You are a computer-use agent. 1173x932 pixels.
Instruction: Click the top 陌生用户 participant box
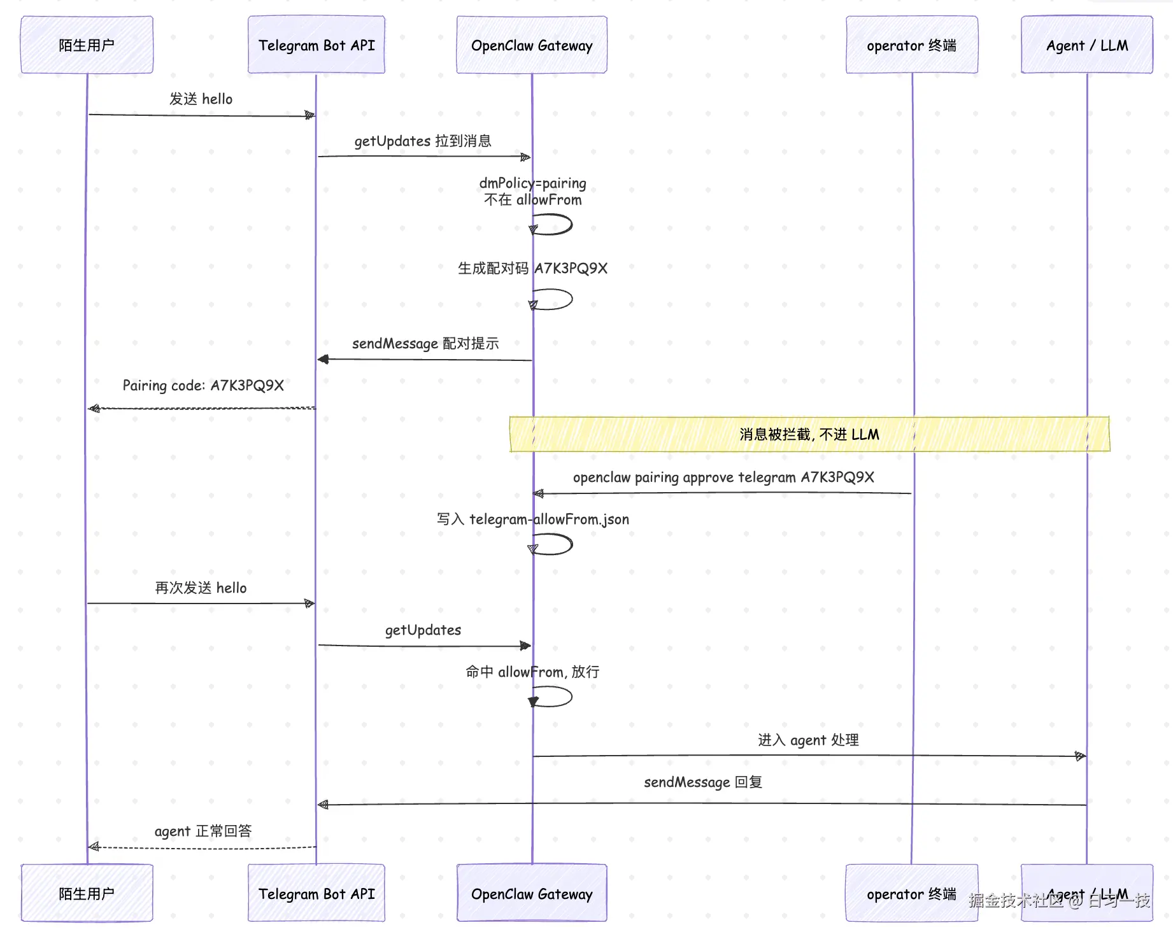coord(87,45)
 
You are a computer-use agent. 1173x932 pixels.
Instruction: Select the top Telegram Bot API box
coord(316,45)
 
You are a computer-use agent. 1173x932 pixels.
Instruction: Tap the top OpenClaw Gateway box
coord(532,45)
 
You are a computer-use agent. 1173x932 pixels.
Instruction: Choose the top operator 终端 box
coord(912,45)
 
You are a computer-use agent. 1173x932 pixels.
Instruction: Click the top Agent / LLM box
coord(1087,45)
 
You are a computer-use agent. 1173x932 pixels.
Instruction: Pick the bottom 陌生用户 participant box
coord(87,893)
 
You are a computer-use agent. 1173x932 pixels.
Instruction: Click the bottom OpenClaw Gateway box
coord(532,893)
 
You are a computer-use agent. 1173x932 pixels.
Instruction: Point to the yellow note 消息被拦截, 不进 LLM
coord(809,434)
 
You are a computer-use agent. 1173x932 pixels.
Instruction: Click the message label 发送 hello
coord(201,99)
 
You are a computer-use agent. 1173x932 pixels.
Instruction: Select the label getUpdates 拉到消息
coord(423,141)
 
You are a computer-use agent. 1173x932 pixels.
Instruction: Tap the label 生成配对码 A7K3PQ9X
coord(532,268)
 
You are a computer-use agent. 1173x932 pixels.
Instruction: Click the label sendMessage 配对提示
coord(425,344)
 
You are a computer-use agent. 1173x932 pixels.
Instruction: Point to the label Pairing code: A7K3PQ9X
coord(203,386)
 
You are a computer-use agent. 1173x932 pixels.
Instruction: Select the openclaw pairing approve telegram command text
coord(723,477)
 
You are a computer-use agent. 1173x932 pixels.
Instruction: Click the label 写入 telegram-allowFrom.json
coord(533,519)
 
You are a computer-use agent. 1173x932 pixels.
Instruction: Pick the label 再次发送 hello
coord(201,588)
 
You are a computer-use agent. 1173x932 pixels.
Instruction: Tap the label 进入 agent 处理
coord(808,740)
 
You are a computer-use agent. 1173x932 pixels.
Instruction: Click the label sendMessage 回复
coord(703,782)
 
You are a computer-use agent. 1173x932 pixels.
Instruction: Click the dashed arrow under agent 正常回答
coord(202,847)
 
